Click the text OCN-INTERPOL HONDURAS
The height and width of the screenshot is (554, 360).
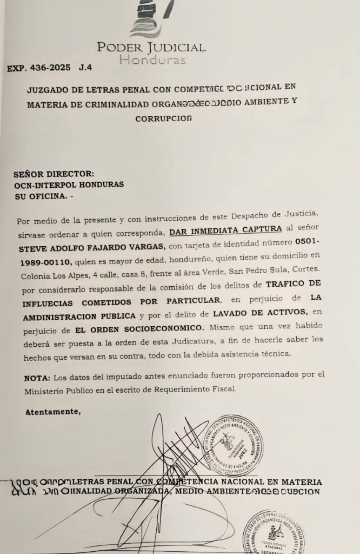(69, 184)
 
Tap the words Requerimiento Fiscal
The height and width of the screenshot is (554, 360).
(199, 389)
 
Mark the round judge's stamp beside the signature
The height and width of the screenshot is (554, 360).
(233, 444)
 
